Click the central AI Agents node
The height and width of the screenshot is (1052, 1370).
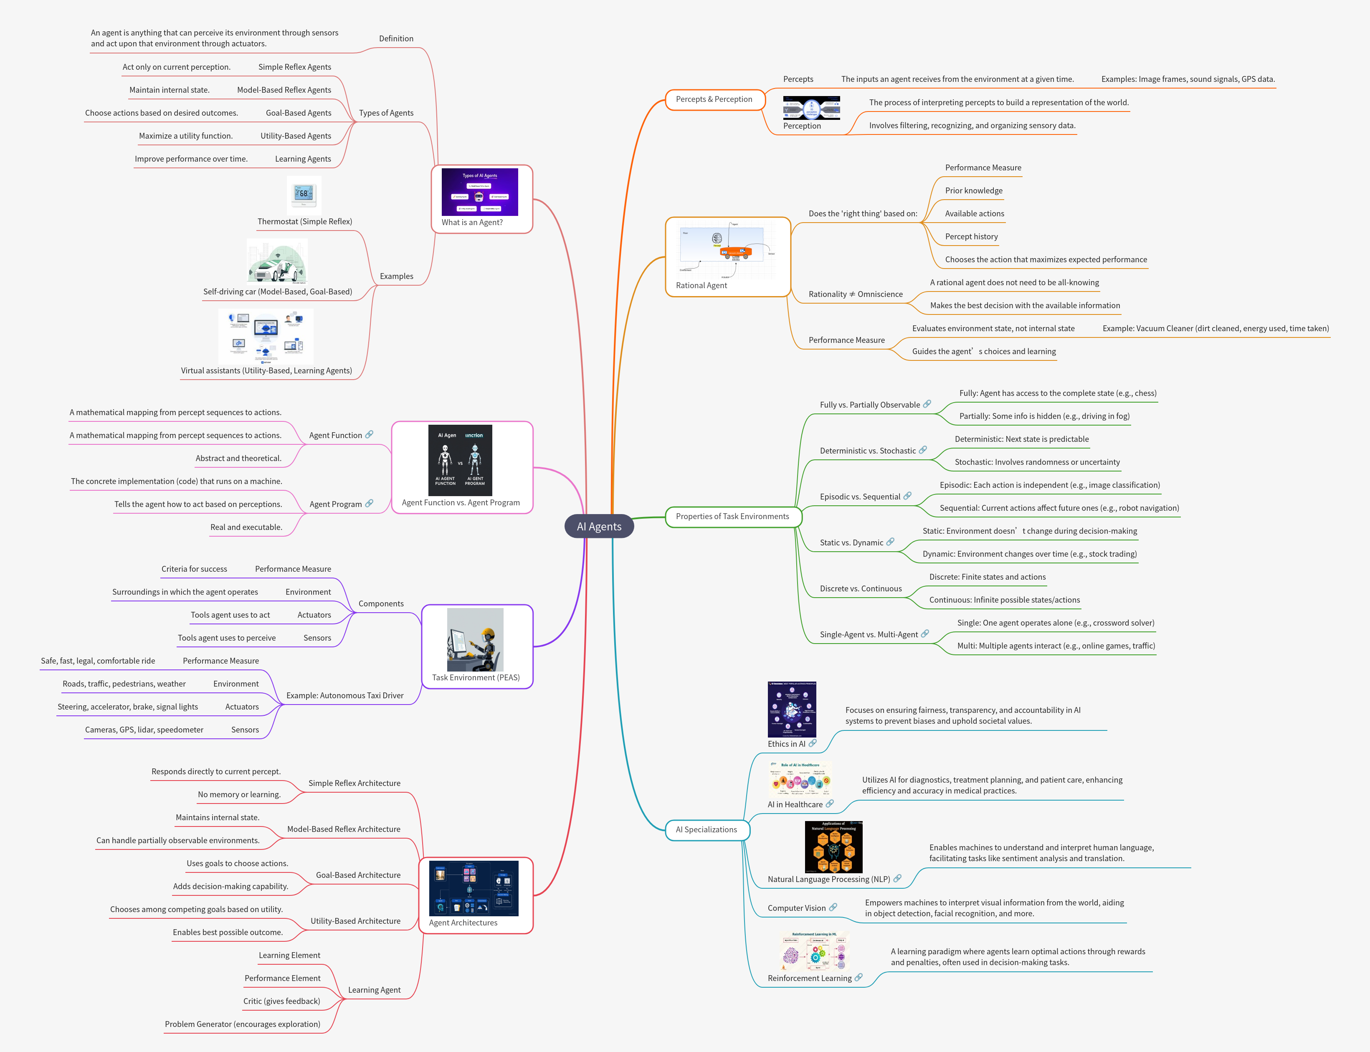pos(599,527)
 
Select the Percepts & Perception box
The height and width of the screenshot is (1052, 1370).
pos(714,99)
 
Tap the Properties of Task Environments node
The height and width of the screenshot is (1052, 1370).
pos(732,517)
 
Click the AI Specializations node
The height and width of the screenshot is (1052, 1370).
pos(706,830)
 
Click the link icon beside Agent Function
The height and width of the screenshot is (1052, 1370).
pos(370,435)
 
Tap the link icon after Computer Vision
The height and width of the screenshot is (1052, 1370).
pos(833,908)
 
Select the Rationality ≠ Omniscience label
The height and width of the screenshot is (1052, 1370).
pos(855,294)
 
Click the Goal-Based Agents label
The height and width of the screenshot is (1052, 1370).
pos(298,113)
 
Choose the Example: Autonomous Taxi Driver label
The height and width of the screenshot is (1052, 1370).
pos(344,696)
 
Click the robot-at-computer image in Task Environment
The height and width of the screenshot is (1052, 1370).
pos(475,639)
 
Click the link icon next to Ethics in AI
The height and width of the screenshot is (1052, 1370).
pos(812,743)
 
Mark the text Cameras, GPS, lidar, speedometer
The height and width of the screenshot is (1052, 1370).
pos(144,730)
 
